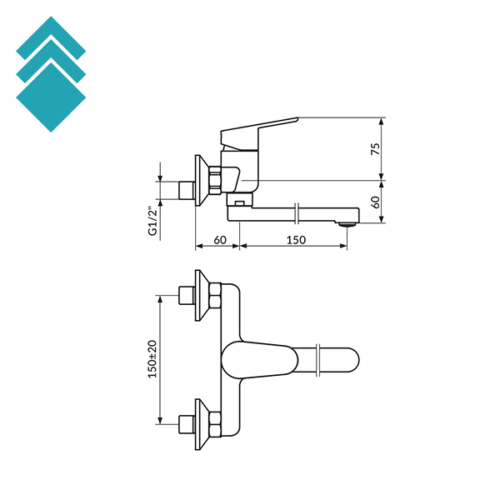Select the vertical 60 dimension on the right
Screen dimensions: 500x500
pos(376,201)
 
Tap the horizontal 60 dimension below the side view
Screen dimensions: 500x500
pos(220,240)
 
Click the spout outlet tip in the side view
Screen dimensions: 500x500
pos(348,222)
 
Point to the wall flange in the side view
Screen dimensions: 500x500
pos(199,178)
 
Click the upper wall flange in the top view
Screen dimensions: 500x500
pos(200,294)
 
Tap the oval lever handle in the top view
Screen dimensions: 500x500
pos(254,359)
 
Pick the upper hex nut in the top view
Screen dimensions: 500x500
pos(215,295)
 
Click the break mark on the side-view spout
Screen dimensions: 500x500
pos(297,212)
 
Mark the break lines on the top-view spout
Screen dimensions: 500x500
pos(320,359)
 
